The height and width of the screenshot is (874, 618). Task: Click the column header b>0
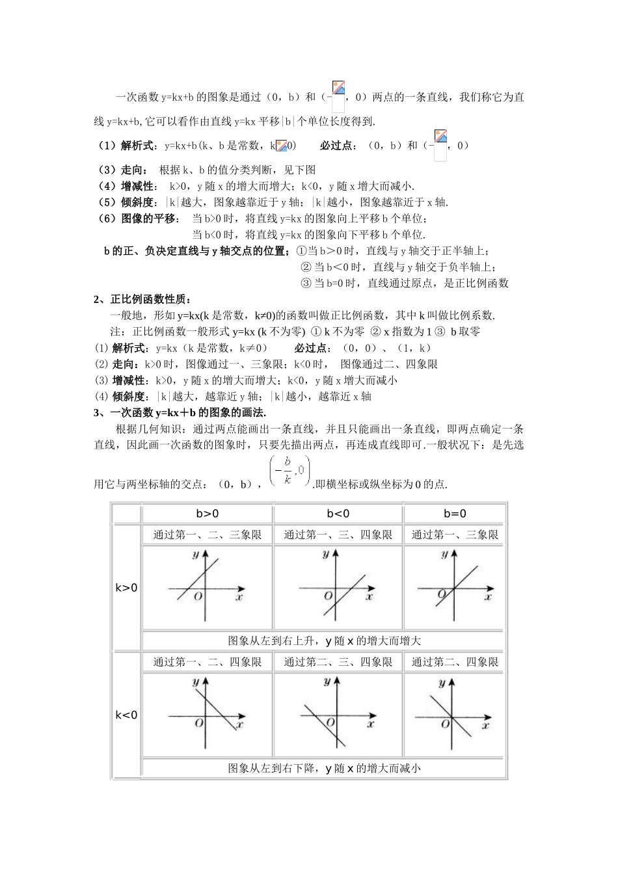click(208, 513)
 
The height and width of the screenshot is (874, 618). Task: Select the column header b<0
click(338, 513)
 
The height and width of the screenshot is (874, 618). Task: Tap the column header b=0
click(455, 513)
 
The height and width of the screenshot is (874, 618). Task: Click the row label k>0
click(127, 588)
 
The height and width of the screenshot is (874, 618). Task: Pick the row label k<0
click(127, 715)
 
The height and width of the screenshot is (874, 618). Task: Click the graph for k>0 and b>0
click(207, 588)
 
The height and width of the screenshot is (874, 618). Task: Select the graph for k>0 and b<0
click(338, 588)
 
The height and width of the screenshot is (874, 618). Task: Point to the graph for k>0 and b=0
click(455, 588)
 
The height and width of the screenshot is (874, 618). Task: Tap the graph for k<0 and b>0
click(207, 715)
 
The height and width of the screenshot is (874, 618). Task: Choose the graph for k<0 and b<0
click(338, 715)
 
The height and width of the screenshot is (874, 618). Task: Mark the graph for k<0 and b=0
click(455, 715)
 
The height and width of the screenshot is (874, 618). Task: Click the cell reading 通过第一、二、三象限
click(207, 535)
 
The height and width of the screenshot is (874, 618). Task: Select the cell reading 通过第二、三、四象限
click(338, 662)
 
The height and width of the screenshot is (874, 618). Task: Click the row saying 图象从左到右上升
click(324, 641)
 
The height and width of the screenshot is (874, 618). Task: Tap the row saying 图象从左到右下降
click(324, 768)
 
